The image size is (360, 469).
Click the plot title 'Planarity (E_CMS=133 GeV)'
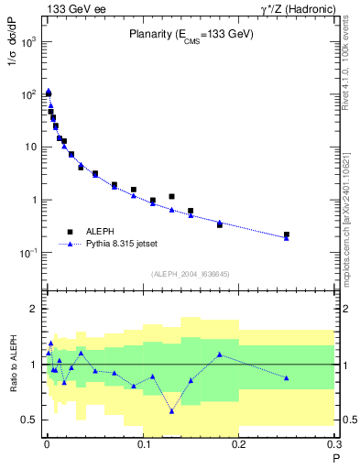[190, 35]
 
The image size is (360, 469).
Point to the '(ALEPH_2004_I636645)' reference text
[190, 272]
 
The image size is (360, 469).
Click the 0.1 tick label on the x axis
[142, 445]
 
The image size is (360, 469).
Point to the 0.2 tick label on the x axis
[238, 445]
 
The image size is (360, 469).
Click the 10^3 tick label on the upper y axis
[29, 42]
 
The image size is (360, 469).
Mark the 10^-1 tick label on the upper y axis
[29, 253]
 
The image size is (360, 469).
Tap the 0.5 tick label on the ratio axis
[27, 420]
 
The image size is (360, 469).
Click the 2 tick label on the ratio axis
[33, 310]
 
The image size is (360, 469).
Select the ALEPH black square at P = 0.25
[287, 234]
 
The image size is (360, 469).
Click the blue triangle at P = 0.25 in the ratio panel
[287, 377]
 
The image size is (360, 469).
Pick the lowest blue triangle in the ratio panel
[171, 410]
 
